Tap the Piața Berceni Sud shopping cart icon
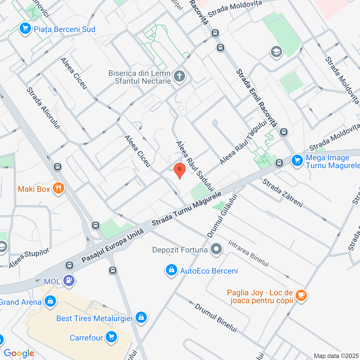[x=25, y=29]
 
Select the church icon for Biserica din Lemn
[x=179, y=76]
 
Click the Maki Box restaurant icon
[x=58, y=188]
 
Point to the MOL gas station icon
[x=69, y=281]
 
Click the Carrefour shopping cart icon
[x=111, y=337]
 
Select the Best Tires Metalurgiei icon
[x=141, y=318]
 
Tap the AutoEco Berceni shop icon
[x=171, y=270]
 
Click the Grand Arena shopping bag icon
[x=50, y=301]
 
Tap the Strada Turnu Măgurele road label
[x=186, y=209]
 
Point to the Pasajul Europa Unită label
[x=113, y=246]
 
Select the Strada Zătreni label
[x=283, y=193]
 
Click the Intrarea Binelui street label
[x=249, y=253]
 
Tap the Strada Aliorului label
[x=43, y=108]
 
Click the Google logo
[x=19, y=353]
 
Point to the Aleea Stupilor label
[x=29, y=258]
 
